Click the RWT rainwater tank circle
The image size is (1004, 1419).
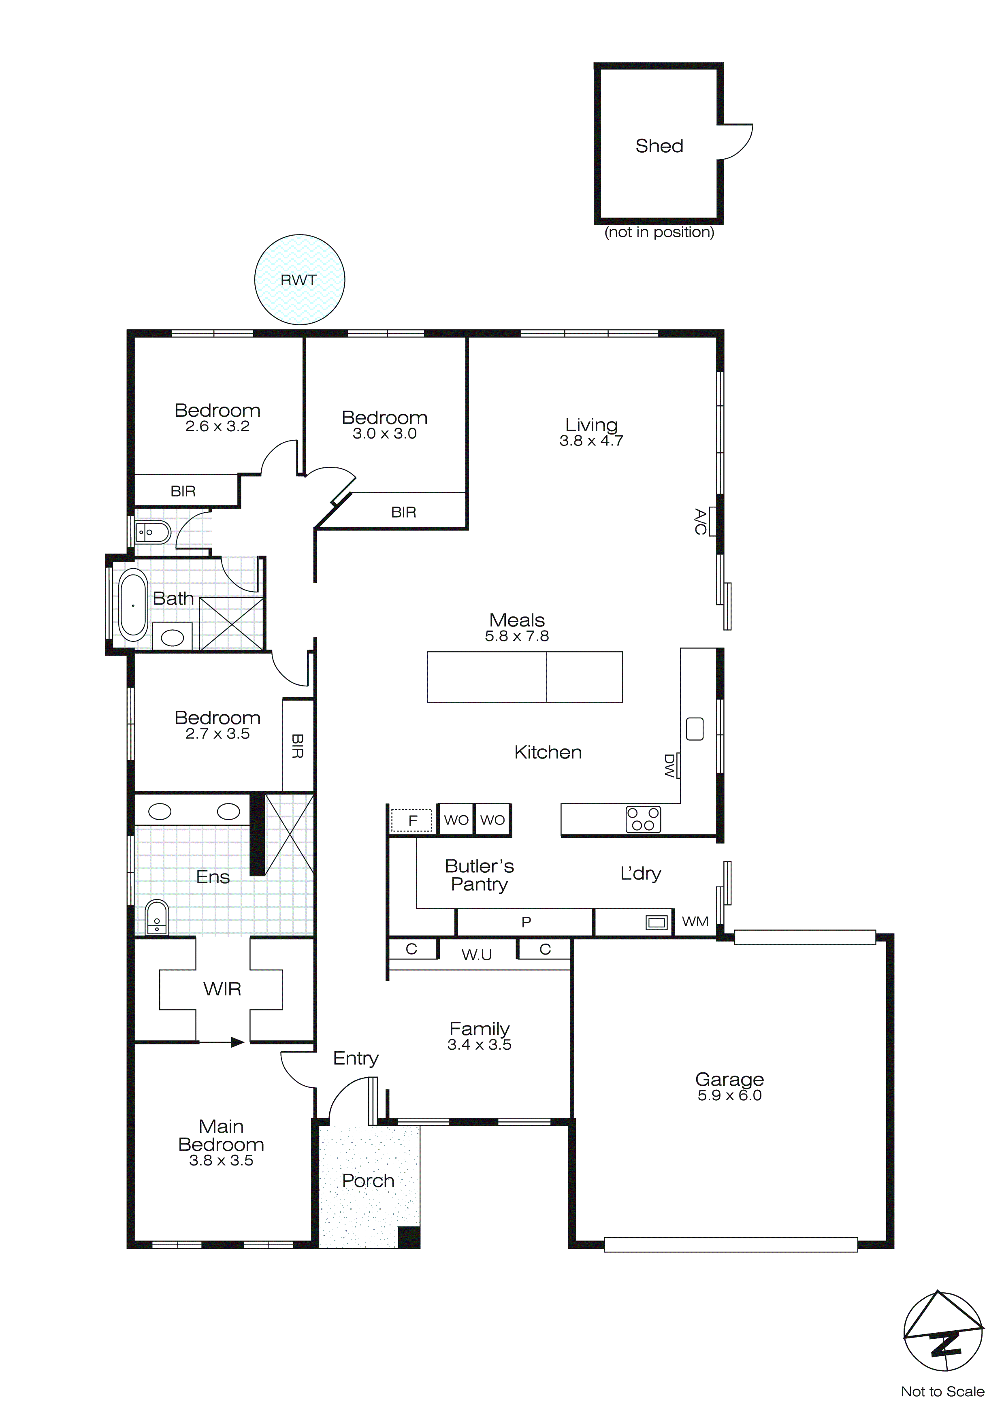coord(299,280)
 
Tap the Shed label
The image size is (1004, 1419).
coord(659,146)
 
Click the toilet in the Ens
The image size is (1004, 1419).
coord(156,918)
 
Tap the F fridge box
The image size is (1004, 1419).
coord(412,820)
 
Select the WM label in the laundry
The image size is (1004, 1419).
coord(695,921)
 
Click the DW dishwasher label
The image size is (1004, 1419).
coord(669,765)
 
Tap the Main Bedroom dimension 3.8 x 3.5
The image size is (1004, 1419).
coord(221,1161)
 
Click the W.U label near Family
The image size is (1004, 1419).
coord(477,955)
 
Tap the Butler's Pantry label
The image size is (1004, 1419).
coord(479,874)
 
